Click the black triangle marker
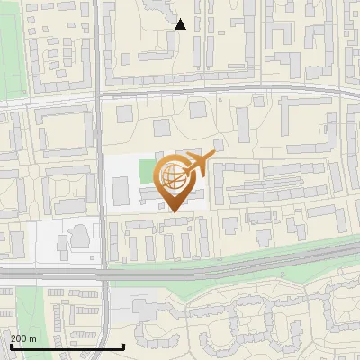point(181,24)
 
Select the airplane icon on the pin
point(200,164)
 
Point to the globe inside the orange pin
point(175,177)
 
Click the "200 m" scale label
point(24,338)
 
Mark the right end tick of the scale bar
point(122,345)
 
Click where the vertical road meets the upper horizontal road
point(98,94)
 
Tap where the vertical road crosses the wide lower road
point(103,271)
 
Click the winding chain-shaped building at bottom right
point(270,315)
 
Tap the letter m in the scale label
point(33,338)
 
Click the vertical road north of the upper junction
point(95,45)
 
